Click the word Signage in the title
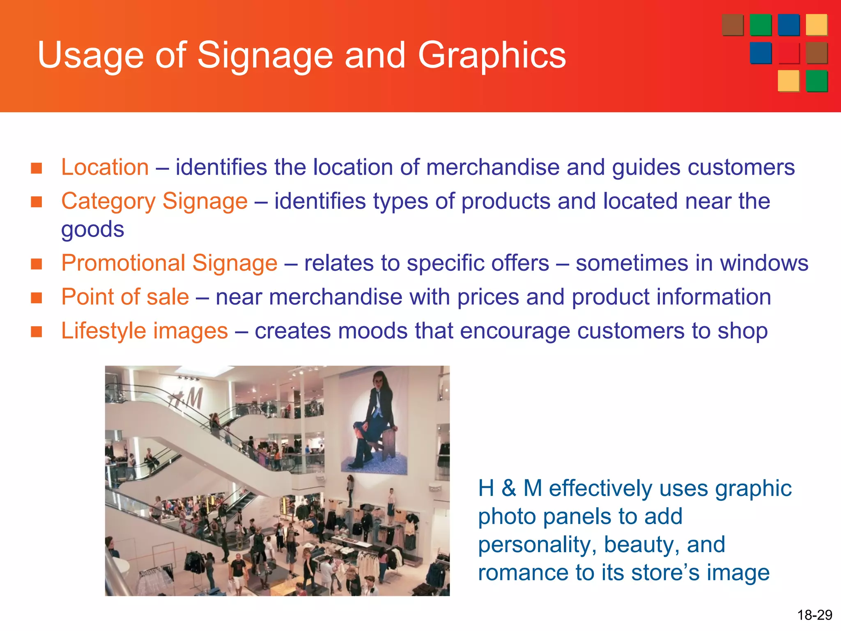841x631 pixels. (265, 55)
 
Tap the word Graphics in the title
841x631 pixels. (492, 55)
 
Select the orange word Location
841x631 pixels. (105, 167)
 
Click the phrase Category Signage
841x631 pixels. (154, 201)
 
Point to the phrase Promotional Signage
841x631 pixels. (169, 263)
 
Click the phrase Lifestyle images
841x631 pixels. (144, 331)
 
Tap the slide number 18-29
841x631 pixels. (814, 615)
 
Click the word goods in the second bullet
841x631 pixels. (92, 229)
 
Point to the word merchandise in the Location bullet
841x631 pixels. (493, 167)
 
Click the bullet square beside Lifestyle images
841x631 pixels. (37, 331)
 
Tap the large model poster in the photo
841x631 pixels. (375, 423)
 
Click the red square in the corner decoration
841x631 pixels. (788, 53)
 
